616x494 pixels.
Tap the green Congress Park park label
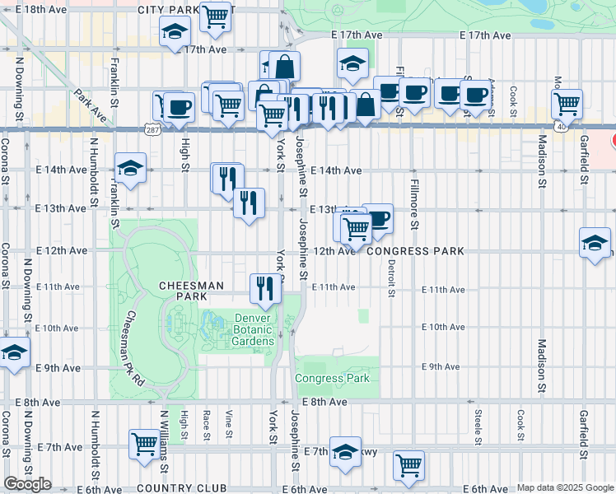point(333,379)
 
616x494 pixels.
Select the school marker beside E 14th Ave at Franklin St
point(130,169)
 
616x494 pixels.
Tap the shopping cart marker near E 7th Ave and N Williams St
point(145,443)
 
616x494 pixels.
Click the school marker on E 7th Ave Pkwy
point(346,450)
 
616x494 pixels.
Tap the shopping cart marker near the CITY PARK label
point(215,15)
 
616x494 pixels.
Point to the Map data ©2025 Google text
point(565,487)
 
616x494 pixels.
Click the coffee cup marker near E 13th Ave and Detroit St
point(377,218)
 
